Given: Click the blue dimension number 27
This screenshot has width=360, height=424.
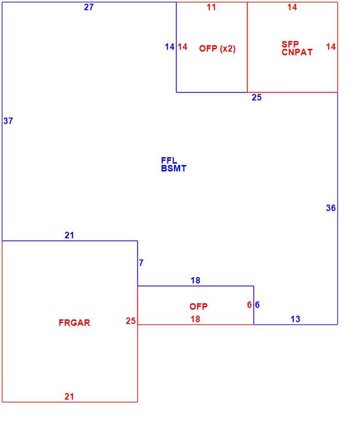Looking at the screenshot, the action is pyautogui.click(x=89, y=7).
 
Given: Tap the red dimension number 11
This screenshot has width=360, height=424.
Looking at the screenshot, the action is pyautogui.click(x=211, y=7).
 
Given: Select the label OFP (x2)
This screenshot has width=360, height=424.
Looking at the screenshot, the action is pyautogui.click(x=217, y=49).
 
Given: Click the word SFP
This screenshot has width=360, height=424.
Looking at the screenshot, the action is pyautogui.click(x=290, y=44).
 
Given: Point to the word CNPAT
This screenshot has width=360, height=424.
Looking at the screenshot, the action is pyautogui.click(x=297, y=52).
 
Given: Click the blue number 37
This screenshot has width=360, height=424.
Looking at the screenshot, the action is pyautogui.click(x=8, y=121).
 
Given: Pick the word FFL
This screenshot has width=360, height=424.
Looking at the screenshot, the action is pyautogui.click(x=169, y=160).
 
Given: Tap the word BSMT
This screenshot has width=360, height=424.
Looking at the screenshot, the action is pyautogui.click(x=174, y=169).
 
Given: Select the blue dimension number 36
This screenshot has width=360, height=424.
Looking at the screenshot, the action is pyautogui.click(x=331, y=208).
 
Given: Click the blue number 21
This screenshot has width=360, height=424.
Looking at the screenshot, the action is pyautogui.click(x=69, y=235).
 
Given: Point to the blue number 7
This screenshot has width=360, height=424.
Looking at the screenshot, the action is pyautogui.click(x=141, y=263).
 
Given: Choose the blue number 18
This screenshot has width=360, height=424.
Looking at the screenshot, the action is pyautogui.click(x=195, y=280).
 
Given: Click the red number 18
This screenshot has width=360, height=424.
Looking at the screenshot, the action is pyautogui.click(x=195, y=319).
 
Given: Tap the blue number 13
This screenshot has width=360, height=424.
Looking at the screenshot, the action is pyautogui.click(x=295, y=319).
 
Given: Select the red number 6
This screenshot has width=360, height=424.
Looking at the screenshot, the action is pyautogui.click(x=249, y=305).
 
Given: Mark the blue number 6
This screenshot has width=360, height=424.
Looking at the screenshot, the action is pyautogui.click(x=257, y=305).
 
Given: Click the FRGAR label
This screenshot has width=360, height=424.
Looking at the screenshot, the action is pyautogui.click(x=74, y=323).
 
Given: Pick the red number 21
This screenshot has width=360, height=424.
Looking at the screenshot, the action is pyautogui.click(x=69, y=396).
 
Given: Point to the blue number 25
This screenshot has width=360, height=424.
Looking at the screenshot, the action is pyautogui.click(x=257, y=97).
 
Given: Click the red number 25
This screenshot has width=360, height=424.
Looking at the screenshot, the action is pyautogui.click(x=130, y=321).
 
